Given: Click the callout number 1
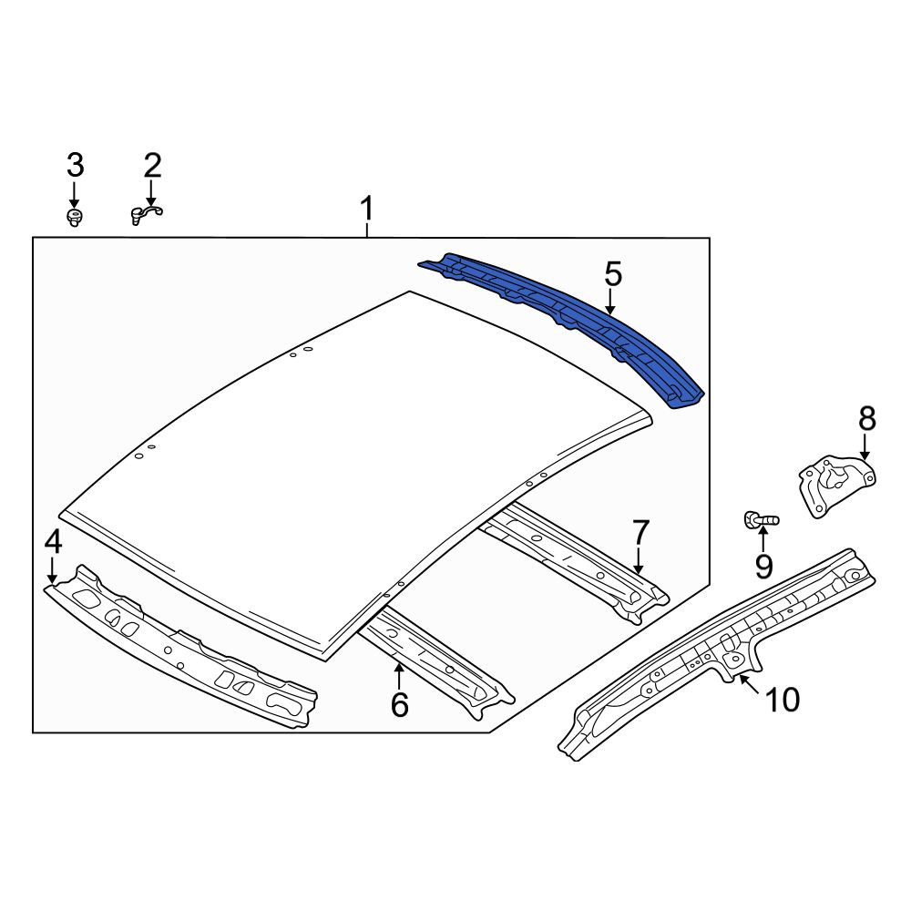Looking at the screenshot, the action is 366,210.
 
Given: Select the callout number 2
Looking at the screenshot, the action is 152,166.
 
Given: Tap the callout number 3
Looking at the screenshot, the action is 75,166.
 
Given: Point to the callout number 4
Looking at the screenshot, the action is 53,543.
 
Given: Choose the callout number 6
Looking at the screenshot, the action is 400,705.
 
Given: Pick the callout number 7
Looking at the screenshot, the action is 640,533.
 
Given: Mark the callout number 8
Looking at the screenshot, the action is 867,418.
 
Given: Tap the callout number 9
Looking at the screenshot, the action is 764,567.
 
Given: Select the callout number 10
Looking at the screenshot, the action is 783,700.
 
